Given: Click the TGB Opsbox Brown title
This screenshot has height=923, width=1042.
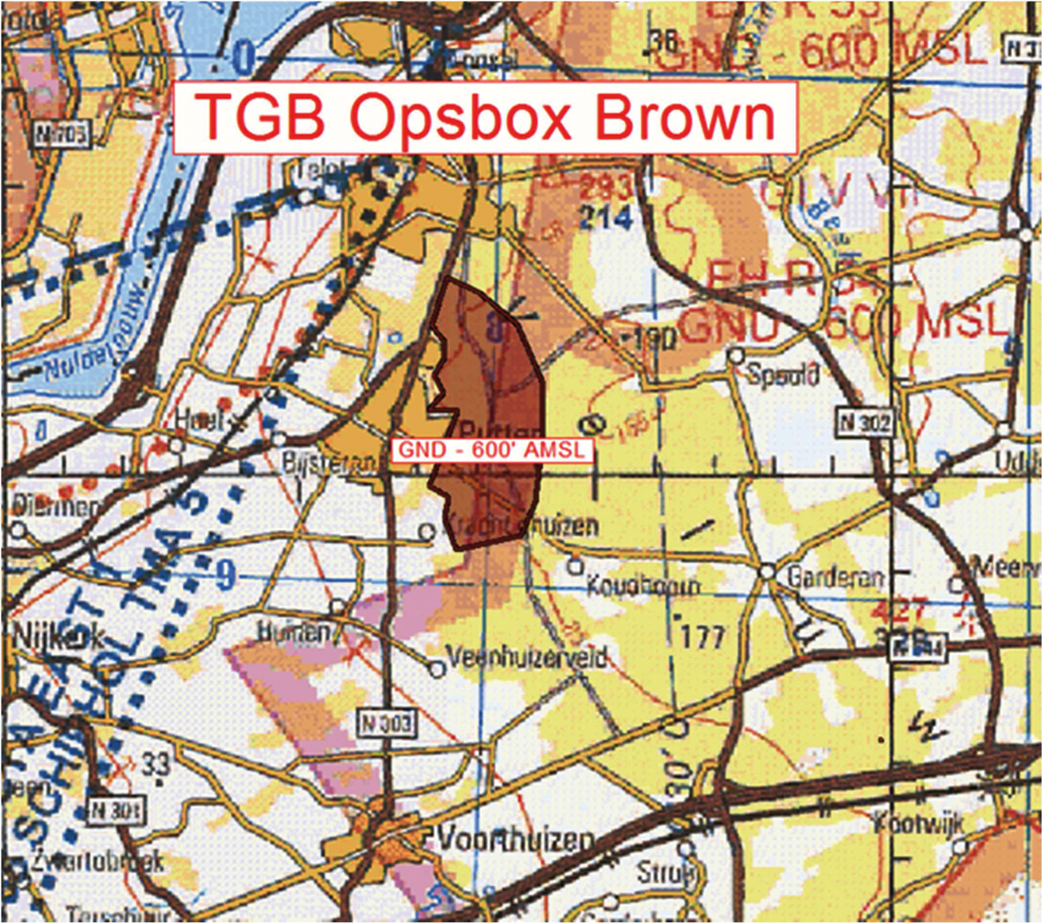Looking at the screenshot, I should coord(485,117).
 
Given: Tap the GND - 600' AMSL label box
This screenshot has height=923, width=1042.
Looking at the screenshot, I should coord(492,449).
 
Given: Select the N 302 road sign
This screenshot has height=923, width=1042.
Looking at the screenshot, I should coord(864,422).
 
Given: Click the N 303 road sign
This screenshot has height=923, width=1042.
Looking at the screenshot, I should coord(385,723).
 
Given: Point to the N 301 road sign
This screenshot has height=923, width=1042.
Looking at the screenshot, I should coord(114,810).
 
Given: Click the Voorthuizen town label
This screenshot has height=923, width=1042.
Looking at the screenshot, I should coord(516,839).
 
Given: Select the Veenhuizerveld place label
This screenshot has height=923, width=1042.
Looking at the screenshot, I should coord(527,658).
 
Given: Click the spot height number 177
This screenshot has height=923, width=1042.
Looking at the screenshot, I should coord(702,636).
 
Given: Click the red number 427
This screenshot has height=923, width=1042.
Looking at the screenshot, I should coord(901,609).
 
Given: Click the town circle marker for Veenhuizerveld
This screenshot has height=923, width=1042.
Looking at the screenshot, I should coord(437,670).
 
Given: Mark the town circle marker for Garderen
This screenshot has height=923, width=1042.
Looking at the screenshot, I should coord(767,572).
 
